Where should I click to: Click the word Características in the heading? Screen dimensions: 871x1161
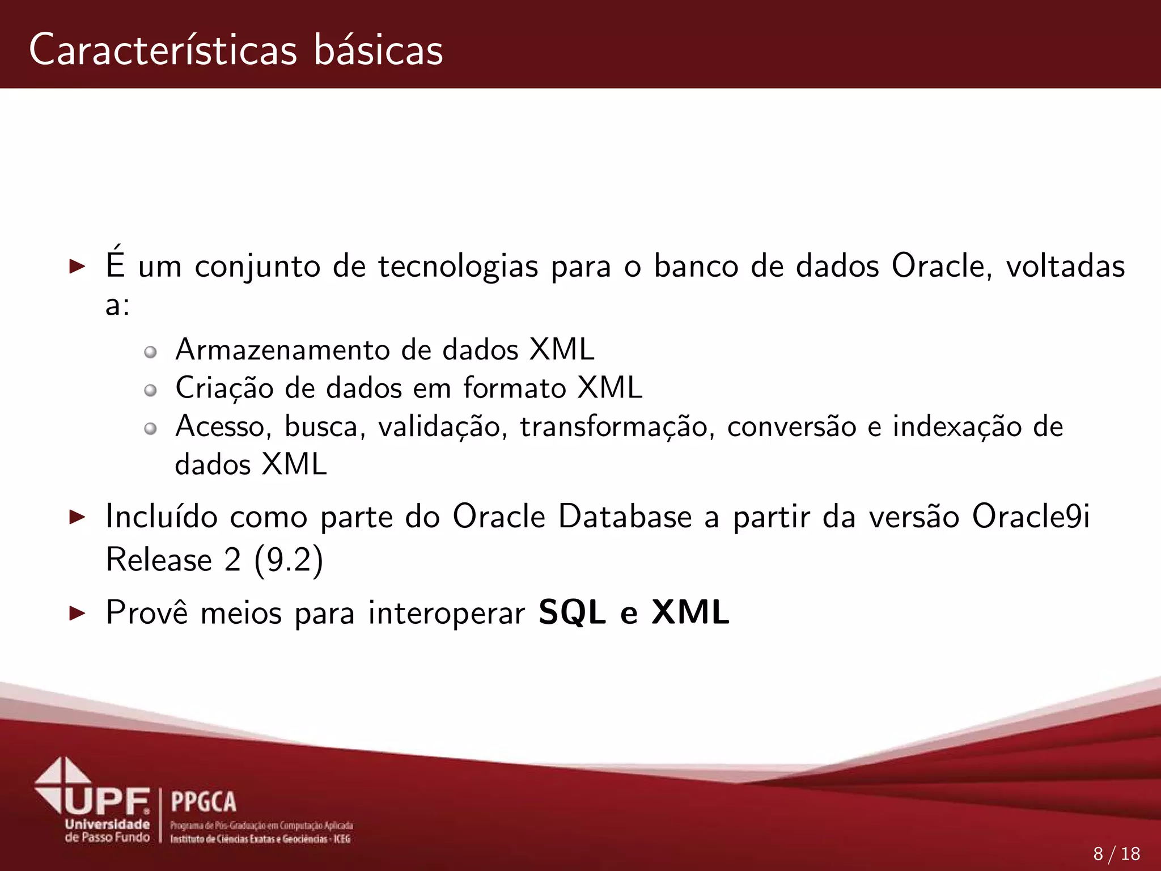[163, 50]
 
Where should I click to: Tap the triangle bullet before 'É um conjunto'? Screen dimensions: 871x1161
[77, 266]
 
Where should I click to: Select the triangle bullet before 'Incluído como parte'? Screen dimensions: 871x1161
[77, 517]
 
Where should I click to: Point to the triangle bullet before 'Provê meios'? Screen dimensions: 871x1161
[77, 613]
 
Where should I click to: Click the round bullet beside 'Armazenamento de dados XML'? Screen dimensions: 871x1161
[150, 352]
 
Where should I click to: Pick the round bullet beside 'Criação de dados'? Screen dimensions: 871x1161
[150, 390]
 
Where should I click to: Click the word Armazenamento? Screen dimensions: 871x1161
[282, 349]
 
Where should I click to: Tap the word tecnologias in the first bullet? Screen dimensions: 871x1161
[457, 267]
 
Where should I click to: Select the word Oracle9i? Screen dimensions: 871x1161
[1031, 517]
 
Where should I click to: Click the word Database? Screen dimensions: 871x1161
[625, 517]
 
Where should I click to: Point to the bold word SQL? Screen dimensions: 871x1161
[572, 612]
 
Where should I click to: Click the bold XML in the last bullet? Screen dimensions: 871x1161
[690, 612]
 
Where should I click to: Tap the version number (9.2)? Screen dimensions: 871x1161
[289, 560]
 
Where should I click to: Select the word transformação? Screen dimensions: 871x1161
[615, 426]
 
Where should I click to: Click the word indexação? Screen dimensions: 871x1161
[957, 426]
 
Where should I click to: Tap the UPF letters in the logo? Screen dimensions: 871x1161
[108, 801]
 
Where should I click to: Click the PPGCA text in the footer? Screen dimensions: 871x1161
[203, 802]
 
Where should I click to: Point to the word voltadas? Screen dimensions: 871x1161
[1065, 267]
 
